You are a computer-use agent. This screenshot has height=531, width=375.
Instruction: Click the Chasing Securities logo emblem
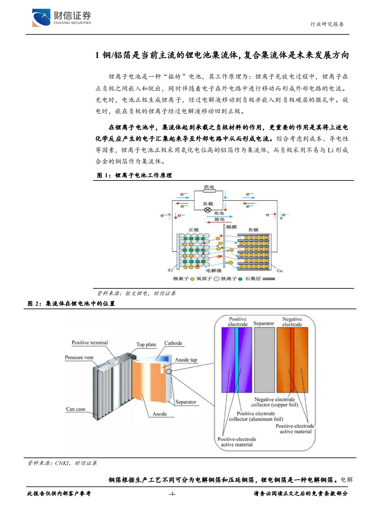pos(41,18)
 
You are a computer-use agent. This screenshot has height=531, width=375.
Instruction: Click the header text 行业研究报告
pos(327,24)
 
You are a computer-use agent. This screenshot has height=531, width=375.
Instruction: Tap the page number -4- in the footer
pos(172,494)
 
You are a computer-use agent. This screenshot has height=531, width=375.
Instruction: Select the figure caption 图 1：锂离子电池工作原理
pos(134,175)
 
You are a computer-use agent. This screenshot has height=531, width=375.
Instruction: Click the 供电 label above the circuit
pos(209,187)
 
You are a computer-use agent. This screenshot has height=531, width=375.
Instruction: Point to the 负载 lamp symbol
pos(208,210)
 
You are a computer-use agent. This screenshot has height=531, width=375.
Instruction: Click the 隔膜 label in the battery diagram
pos(231,227)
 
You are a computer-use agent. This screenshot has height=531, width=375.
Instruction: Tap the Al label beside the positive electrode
pos(170,270)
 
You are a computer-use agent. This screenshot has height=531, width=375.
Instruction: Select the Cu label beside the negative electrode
pos(279,271)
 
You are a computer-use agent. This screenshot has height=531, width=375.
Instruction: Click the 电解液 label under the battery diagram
pos(214,270)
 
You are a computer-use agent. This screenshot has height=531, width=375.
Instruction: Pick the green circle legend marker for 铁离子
pos(240,279)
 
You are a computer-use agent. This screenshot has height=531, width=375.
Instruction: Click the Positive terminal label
pos(90,343)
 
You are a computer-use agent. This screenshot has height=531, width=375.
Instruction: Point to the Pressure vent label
pos(79,357)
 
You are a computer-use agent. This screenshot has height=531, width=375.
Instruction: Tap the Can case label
pos(76,409)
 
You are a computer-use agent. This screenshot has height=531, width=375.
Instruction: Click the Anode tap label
pos(186,360)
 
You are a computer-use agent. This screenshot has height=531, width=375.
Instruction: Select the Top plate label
pos(146,345)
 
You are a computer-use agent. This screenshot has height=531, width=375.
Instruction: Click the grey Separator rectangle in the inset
pos(264,360)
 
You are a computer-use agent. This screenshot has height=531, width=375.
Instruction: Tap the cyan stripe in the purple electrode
pos(237,360)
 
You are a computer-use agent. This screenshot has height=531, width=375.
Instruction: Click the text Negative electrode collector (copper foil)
pos(274,402)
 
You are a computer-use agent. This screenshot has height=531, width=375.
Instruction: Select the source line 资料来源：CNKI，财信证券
pos(62,463)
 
